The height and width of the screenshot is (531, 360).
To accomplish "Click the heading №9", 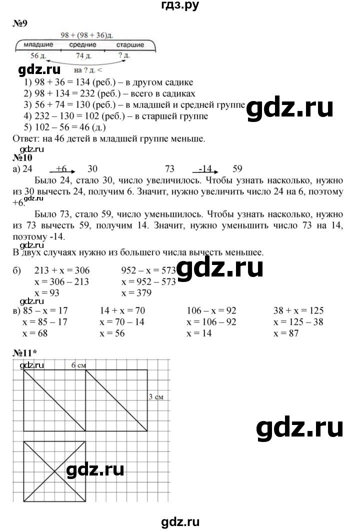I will [x=19, y=24].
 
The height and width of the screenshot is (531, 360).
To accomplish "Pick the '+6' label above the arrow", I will [x=62, y=168].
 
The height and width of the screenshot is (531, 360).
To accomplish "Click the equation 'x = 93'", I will [x=47, y=293].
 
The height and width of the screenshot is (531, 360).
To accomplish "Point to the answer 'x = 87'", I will [x=286, y=333].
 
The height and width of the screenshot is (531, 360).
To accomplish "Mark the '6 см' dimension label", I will [x=78, y=365].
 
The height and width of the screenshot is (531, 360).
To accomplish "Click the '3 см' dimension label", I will [x=157, y=397].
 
